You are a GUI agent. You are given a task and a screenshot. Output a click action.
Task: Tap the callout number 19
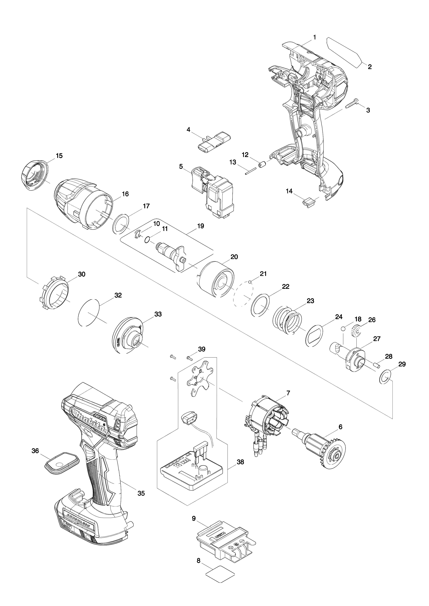(x=201, y=226)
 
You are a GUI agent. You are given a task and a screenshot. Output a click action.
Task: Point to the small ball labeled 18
(x=343, y=329)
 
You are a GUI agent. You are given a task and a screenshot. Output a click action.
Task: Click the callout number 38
(x=240, y=462)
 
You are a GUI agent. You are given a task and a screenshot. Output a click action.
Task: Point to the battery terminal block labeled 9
(x=226, y=538)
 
